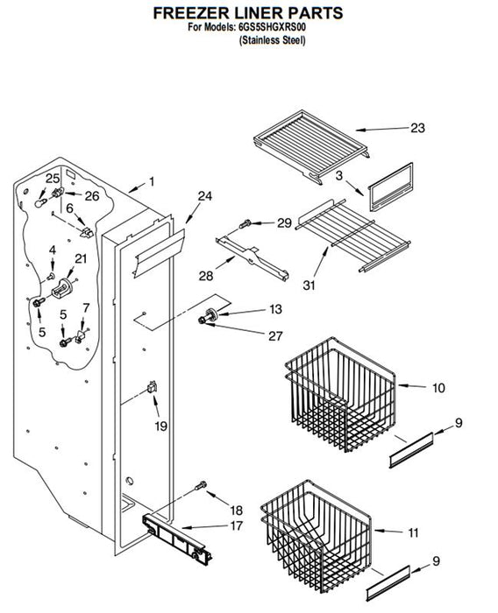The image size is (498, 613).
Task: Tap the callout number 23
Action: (417, 128)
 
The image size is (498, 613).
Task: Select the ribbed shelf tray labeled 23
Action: (311, 146)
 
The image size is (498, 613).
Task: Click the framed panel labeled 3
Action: (390, 187)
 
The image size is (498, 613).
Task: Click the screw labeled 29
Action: (245, 224)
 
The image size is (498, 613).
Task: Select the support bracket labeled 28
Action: (253, 258)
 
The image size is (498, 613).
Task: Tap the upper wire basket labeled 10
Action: (340, 394)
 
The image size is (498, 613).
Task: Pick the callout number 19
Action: (161, 426)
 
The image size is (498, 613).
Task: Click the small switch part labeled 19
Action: (152, 387)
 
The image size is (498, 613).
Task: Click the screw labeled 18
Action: (201, 486)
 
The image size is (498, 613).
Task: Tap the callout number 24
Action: (204, 196)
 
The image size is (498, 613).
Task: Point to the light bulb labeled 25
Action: (40, 202)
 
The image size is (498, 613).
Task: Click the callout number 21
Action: (81, 258)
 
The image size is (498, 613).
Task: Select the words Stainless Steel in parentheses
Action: (272, 40)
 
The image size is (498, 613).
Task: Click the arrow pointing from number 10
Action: (412, 386)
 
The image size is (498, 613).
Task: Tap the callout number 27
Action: (275, 335)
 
